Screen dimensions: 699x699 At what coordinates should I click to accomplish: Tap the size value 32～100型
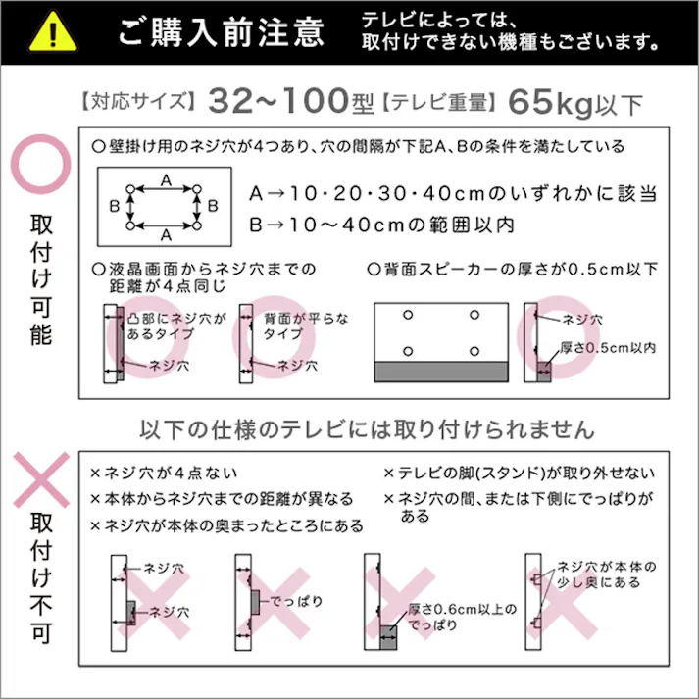(x=292, y=100)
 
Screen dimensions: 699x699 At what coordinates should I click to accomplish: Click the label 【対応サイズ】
(x=136, y=101)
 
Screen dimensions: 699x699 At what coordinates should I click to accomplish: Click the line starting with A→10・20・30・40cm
(x=452, y=192)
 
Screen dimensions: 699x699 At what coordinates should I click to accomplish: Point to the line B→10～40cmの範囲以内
(x=381, y=225)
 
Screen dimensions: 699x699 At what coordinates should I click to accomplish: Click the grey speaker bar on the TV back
(x=442, y=372)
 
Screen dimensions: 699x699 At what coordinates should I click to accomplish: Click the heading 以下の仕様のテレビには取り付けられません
(x=368, y=428)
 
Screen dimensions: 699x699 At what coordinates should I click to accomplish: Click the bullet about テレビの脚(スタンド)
(x=520, y=473)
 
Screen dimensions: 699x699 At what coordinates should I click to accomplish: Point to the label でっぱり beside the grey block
(x=295, y=600)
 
